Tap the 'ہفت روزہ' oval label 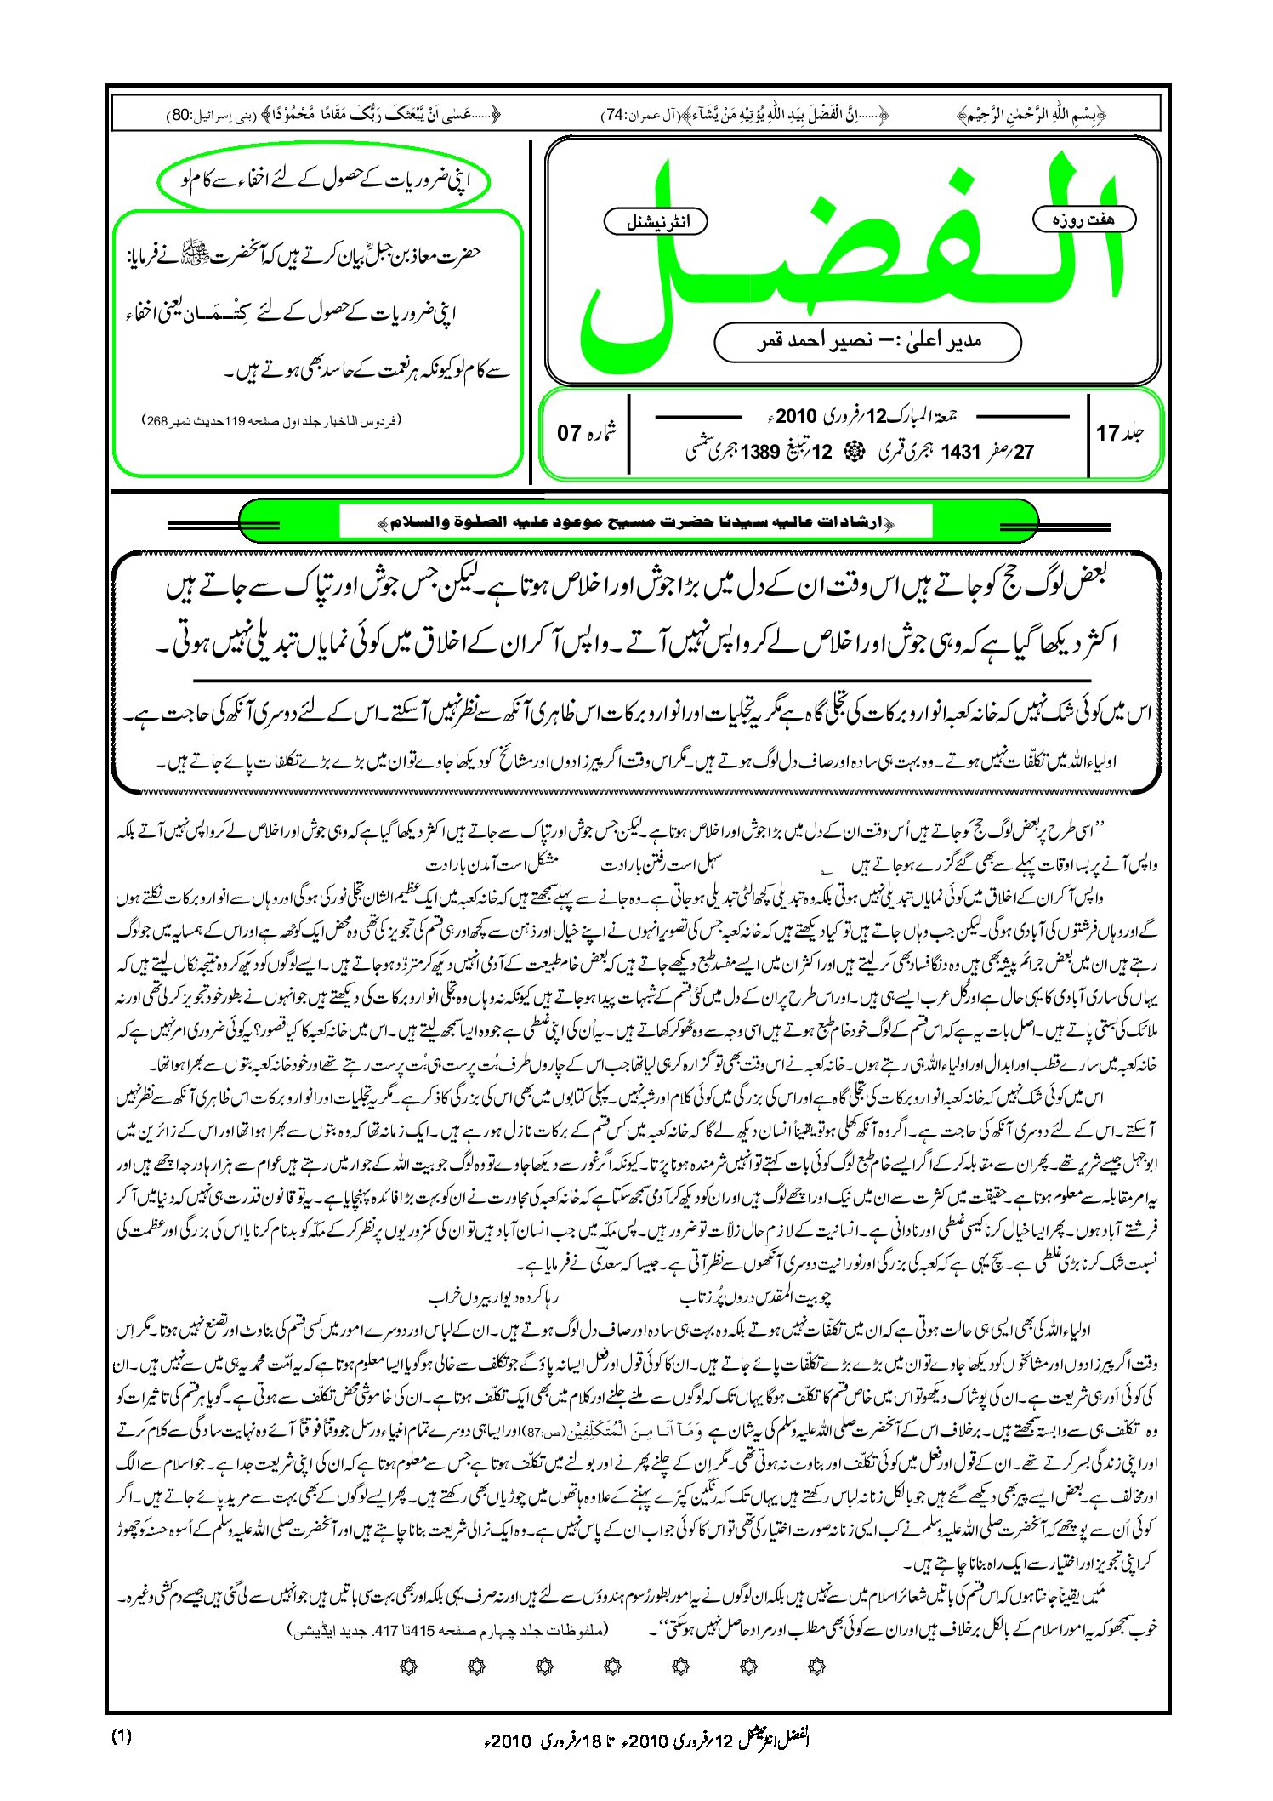pos(1084,219)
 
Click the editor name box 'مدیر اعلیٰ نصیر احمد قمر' pos(867,341)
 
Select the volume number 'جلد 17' pos(1120,433)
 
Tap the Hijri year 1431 pos(962,452)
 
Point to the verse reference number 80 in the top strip pos(181,114)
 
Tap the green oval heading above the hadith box pos(324,181)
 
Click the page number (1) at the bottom pos(122,1736)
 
